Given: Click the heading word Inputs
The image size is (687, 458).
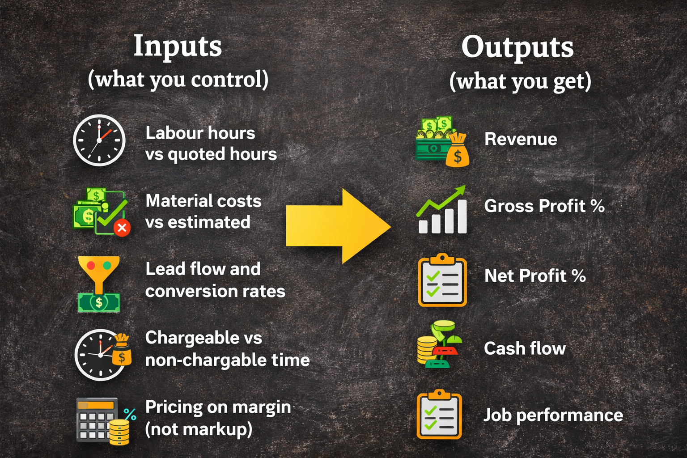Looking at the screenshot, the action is [x=178, y=47].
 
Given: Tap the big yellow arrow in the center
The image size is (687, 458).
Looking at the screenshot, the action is [x=339, y=226].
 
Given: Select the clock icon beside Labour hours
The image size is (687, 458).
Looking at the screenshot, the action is [x=99, y=140].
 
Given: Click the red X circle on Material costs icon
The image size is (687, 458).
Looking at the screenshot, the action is [x=122, y=228].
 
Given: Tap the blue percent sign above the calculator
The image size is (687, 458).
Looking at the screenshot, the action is [x=130, y=415].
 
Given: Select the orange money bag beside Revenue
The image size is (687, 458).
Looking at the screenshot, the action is [x=457, y=150].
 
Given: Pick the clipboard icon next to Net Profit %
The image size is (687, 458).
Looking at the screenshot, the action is [x=442, y=280].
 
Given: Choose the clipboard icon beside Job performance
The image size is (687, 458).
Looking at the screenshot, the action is [x=439, y=415].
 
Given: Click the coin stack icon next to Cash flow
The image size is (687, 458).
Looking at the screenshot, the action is [x=439, y=344].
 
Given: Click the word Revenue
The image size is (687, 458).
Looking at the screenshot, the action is [x=521, y=139].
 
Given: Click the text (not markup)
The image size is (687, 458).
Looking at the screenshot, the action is [x=199, y=429].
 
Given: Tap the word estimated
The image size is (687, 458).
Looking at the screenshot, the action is [x=209, y=222].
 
